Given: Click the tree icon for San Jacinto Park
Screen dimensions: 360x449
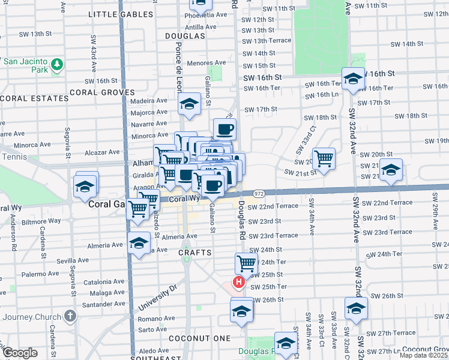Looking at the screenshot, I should click(x=57, y=64).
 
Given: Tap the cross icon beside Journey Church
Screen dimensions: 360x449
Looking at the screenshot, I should click(x=70, y=316).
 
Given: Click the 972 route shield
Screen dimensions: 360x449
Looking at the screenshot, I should click(x=259, y=194).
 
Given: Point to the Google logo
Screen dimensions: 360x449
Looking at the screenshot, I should click(x=20, y=353).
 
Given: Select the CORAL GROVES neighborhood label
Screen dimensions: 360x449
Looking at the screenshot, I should click(x=95, y=92).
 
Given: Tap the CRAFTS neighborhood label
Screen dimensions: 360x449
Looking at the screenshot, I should click(x=195, y=253).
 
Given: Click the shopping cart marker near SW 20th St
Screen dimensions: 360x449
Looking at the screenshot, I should click(x=324, y=158).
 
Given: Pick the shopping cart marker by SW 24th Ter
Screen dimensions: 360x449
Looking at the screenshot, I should click(x=246, y=263).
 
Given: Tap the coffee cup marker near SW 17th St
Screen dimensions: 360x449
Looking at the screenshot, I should click(x=224, y=128).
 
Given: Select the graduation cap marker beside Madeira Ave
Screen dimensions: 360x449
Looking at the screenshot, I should click(x=189, y=104).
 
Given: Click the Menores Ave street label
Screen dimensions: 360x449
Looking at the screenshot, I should click(x=206, y=62).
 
